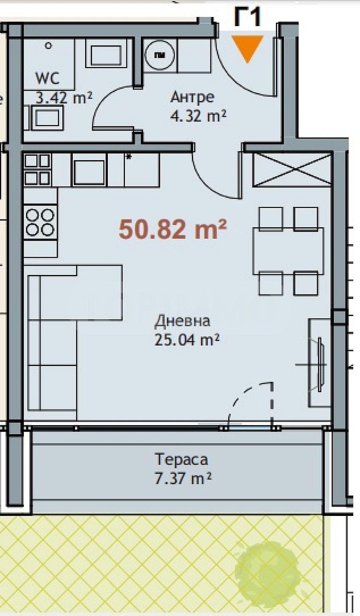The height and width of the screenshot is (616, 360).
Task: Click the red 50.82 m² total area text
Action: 173,229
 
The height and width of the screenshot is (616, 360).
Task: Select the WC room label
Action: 48,78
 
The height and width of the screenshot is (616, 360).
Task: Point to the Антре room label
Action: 192,97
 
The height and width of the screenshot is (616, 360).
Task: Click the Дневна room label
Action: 182,321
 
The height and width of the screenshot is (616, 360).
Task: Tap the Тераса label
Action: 182,459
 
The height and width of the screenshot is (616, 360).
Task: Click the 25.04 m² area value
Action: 187,340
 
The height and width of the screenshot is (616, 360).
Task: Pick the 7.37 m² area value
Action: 183,478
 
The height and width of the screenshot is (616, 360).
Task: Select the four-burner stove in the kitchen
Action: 40,222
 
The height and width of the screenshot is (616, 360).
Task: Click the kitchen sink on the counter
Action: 89,173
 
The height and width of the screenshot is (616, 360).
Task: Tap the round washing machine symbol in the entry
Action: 160,55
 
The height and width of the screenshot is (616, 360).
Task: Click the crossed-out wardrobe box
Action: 293,169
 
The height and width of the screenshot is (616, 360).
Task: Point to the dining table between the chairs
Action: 288,251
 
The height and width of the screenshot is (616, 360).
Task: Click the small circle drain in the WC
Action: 48,46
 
